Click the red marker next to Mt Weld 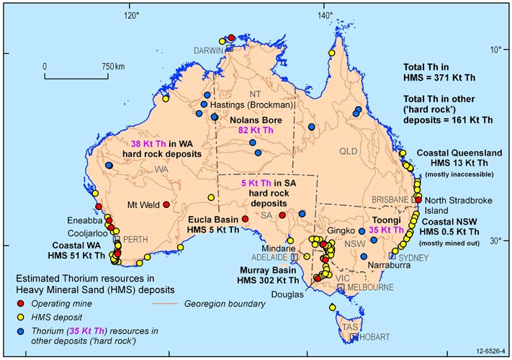click(166, 204)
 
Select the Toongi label click(388, 221)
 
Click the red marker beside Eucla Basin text click(246, 217)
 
